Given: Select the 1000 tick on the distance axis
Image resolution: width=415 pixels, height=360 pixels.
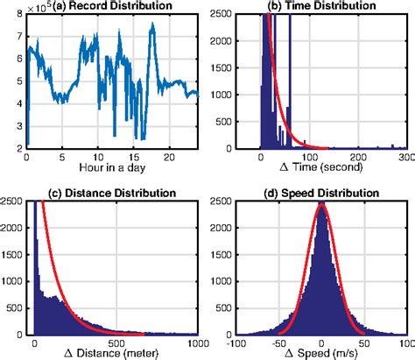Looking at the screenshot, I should point(194,343).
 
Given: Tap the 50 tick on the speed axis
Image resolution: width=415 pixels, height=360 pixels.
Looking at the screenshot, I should point(365,343).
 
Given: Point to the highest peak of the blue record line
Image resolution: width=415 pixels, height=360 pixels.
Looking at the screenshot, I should point(152,24).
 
